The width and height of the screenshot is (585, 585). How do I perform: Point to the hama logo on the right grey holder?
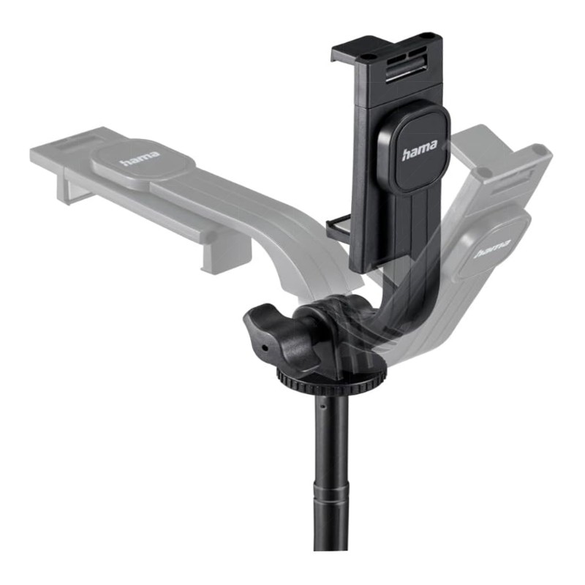pos(491,249)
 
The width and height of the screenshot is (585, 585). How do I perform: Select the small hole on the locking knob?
pos(265,348)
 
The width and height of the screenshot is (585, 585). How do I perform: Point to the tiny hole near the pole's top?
pos(323,406)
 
